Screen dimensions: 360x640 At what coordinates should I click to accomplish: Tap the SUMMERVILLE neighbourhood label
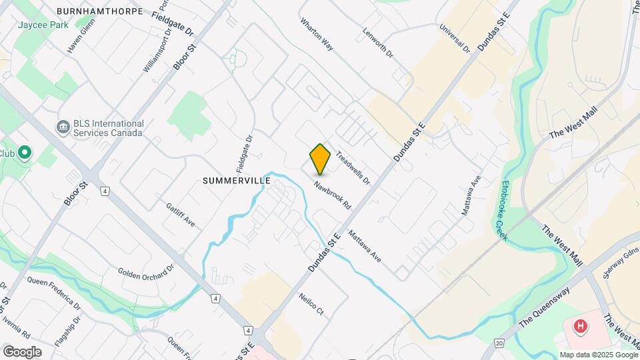point(237,181)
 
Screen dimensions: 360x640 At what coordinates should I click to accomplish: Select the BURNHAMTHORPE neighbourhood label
point(100,12)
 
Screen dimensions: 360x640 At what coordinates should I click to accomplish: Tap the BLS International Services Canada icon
point(64,127)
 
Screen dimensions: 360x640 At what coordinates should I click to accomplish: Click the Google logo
point(22,351)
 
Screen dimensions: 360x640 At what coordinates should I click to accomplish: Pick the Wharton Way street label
point(317,39)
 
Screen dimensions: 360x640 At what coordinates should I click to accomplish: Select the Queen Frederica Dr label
point(54,294)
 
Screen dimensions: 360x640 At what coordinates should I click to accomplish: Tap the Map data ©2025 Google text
point(599,355)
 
